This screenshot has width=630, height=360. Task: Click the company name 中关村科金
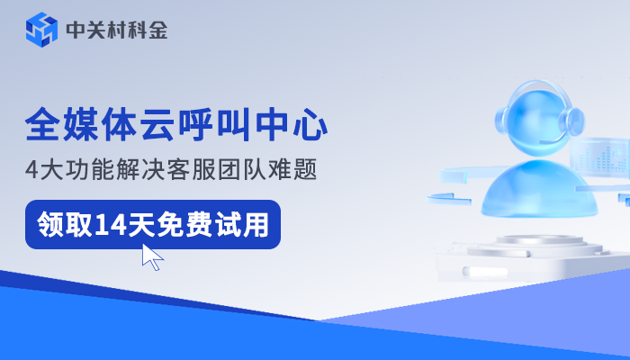pos(116,31)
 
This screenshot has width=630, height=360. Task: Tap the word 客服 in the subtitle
pos(208,169)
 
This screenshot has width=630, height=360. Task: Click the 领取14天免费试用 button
pos(152,224)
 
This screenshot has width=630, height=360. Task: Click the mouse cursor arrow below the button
pos(152,257)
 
